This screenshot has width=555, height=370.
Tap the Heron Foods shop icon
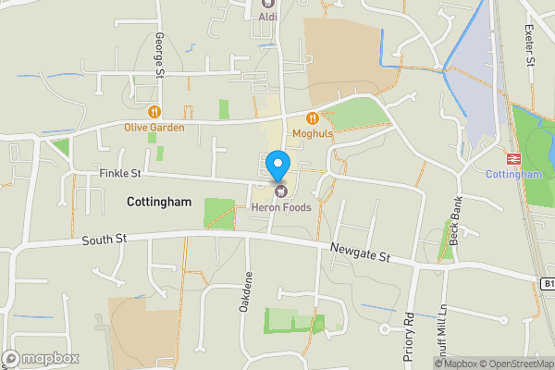point(278,191)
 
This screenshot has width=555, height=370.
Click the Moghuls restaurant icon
point(313,118)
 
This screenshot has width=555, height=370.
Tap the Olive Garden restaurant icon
point(142,111)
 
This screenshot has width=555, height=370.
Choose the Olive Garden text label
point(154,128)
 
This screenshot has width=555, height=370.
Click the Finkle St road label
point(119,173)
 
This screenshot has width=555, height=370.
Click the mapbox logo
point(41,358)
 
